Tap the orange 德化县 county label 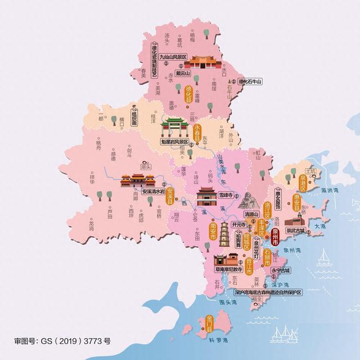click(189, 94)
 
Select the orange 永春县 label click(197, 134)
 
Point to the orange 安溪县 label click(170, 195)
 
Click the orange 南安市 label click(213, 231)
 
